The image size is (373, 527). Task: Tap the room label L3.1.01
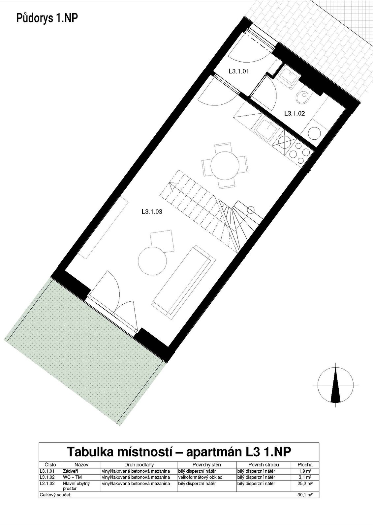(239, 71)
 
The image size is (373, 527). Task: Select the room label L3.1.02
(295, 113)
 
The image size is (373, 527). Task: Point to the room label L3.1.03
(152, 212)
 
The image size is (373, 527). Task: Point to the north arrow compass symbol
(335, 385)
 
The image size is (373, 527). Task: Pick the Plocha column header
(305, 465)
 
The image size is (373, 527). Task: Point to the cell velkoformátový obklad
(200, 477)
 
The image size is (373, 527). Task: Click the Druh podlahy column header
(139, 465)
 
